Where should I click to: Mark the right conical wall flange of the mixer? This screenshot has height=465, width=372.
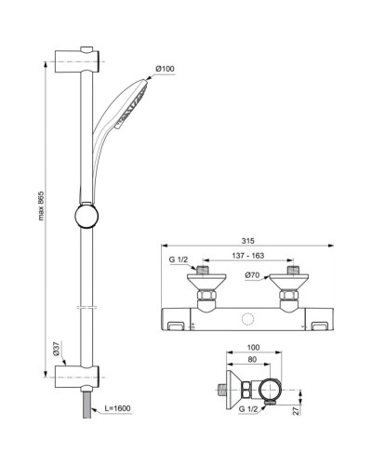291,280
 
